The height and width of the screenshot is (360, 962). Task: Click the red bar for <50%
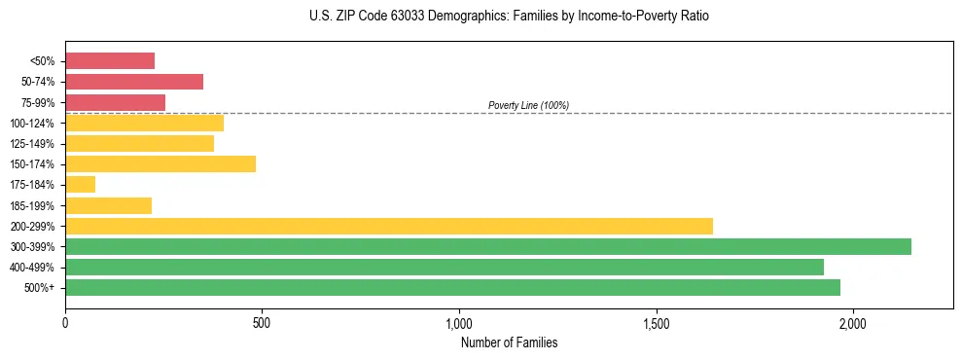point(110,60)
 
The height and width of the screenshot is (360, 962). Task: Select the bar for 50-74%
point(134,82)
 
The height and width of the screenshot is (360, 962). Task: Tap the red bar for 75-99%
point(115,102)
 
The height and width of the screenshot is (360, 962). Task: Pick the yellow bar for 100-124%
point(144,123)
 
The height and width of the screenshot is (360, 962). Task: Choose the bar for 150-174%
point(160,163)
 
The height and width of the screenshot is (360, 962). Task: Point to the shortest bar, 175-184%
point(80,184)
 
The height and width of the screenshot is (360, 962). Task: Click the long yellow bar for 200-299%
point(389,226)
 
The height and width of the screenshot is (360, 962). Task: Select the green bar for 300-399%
point(488,246)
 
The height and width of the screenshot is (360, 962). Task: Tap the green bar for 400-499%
point(445,267)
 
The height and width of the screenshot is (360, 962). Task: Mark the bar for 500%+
point(452,287)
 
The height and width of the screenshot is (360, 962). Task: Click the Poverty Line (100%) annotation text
point(528,105)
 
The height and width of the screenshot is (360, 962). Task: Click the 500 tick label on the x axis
point(262,322)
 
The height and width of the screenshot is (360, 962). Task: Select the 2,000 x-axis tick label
point(853,322)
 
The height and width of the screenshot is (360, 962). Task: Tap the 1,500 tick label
point(656,322)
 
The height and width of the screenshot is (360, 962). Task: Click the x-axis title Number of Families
point(509,342)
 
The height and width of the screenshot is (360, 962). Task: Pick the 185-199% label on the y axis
point(34,205)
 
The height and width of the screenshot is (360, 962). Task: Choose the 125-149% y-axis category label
point(34,144)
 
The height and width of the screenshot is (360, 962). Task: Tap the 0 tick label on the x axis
point(65,322)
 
